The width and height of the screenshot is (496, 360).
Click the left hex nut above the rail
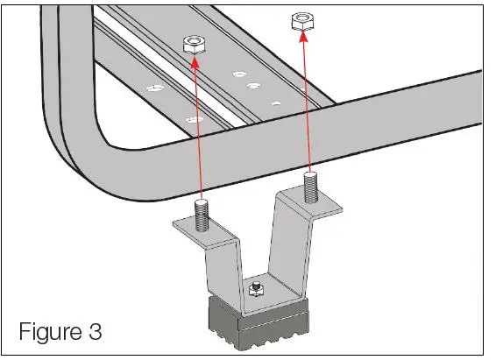click(x=194, y=46)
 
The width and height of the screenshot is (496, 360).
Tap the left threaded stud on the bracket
click(x=202, y=215)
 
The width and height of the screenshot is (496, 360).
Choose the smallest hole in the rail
click(x=275, y=102)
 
